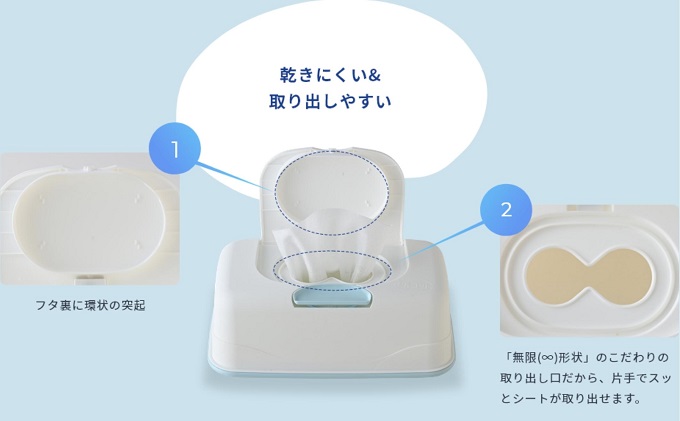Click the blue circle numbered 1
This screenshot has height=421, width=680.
pyautogui.click(x=175, y=150)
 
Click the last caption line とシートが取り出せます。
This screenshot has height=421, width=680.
pyautogui.click(x=570, y=399)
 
